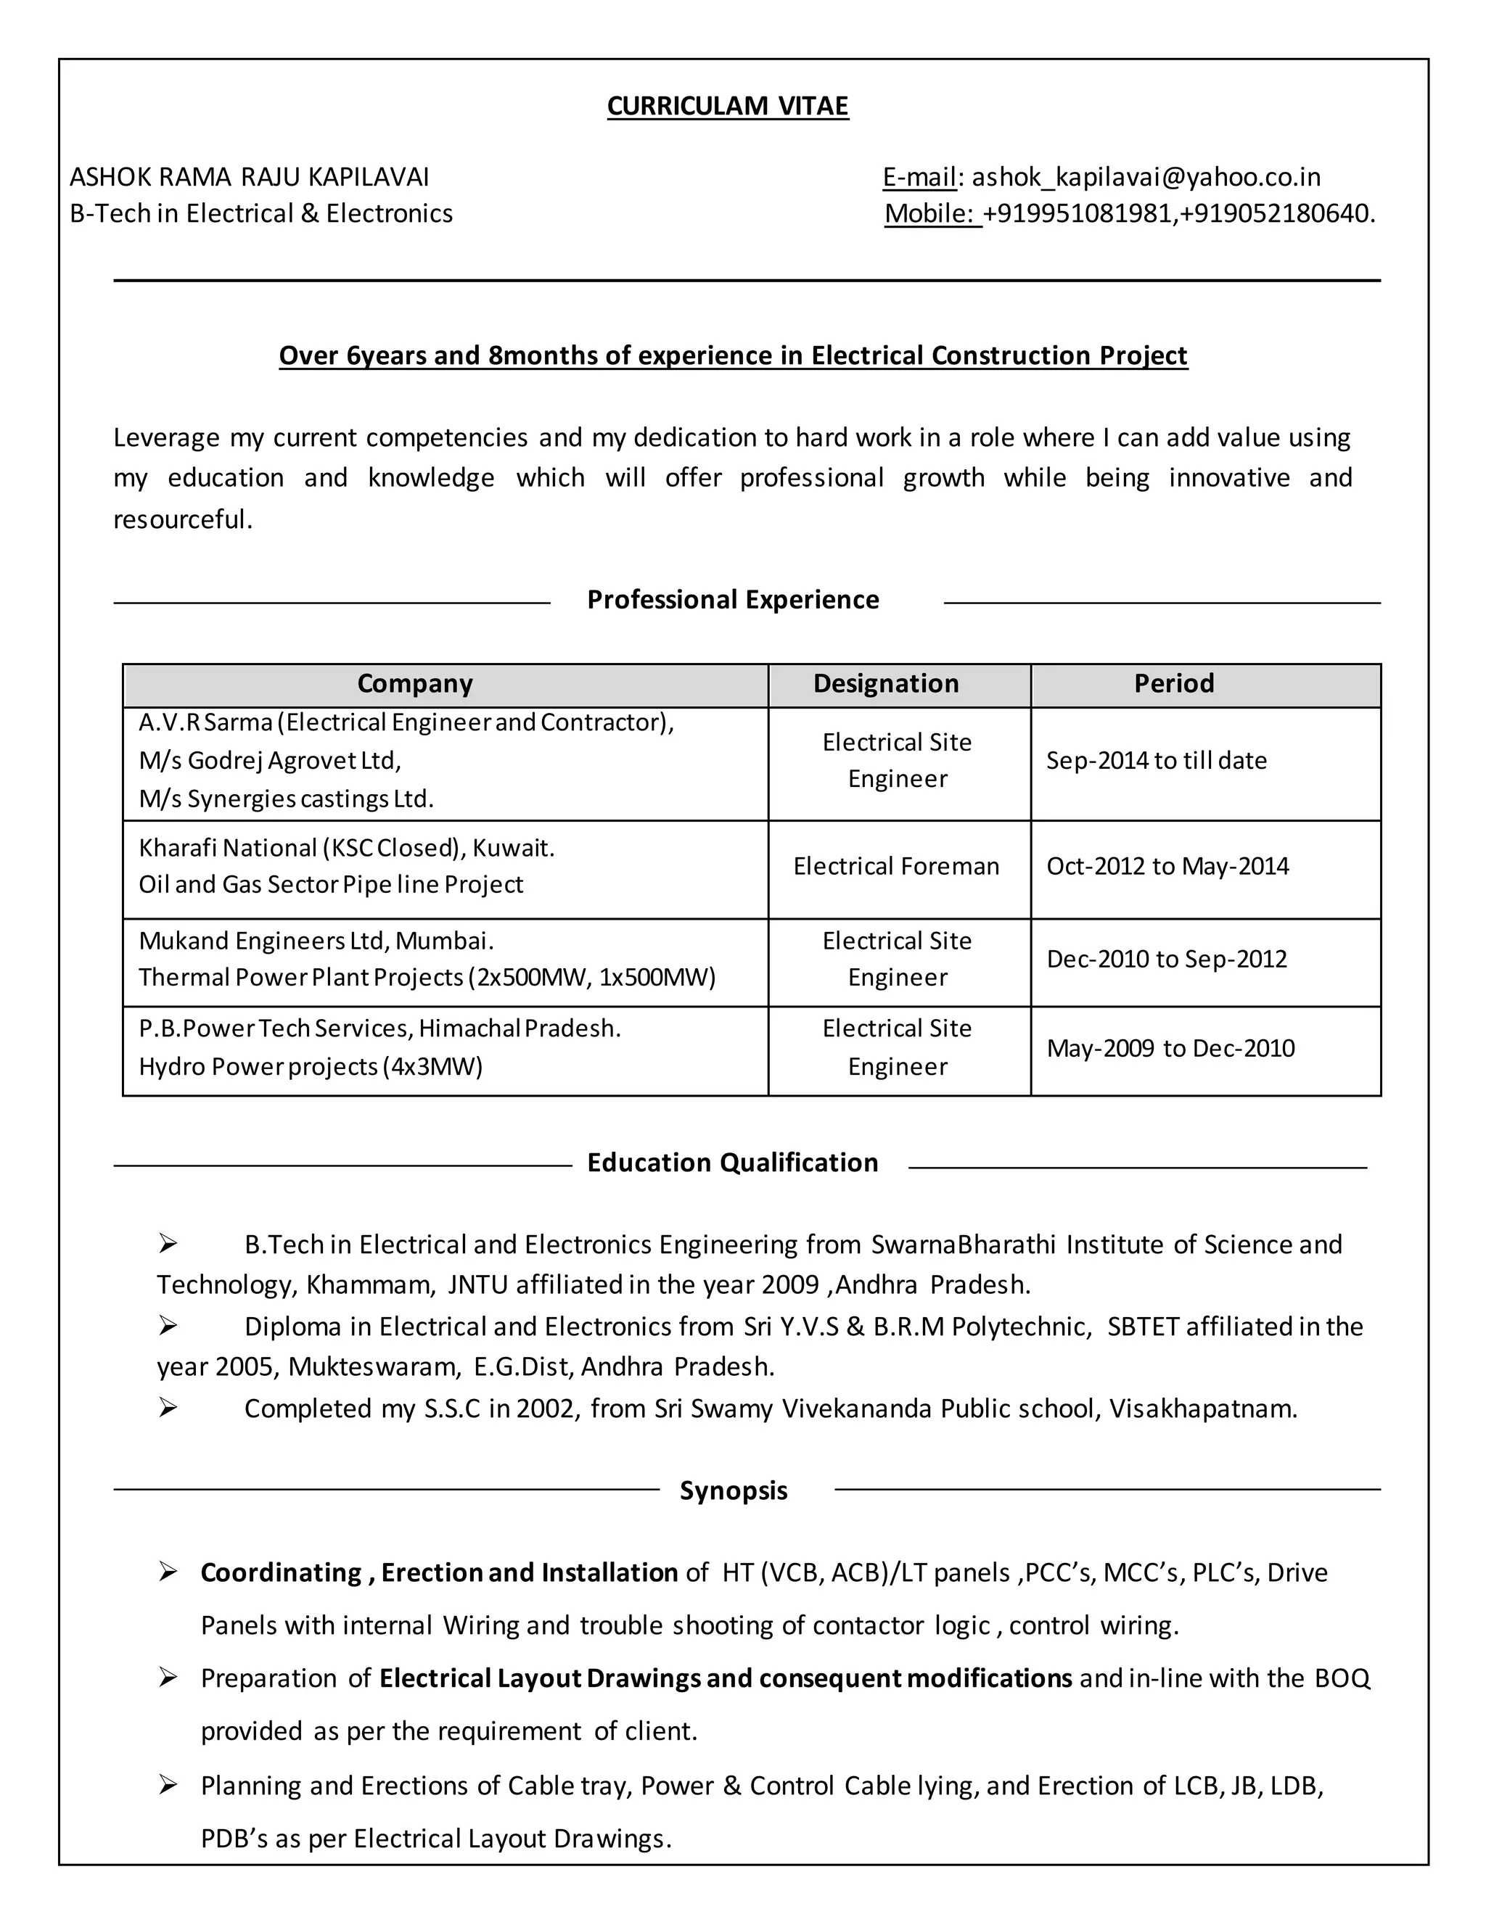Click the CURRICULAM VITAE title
[727, 106]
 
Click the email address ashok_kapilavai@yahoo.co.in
[1145, 177]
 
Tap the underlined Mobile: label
[932, 214]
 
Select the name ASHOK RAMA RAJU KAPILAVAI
[249, 177]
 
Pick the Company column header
[414, 684]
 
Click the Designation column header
[886, 684]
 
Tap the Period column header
[1173, 684]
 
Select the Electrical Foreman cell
[896, 866]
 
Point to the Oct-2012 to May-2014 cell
[1167, 866]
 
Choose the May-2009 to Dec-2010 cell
[1170, 1048]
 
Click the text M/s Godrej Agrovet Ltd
[269, 760]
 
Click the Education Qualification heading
[732, 1163]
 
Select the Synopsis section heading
[732, 1490]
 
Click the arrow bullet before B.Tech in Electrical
[168, 1243]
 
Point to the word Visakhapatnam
[1202, 1409]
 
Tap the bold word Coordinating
[281, 1572]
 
